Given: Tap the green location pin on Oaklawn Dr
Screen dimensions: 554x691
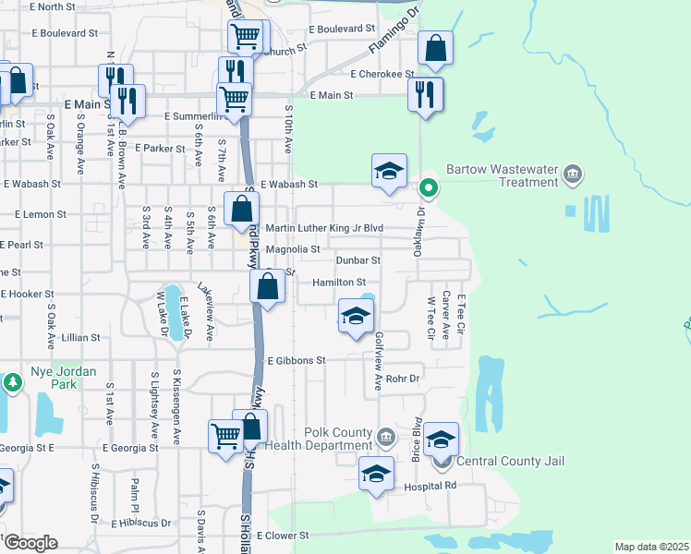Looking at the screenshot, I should click(429, 188).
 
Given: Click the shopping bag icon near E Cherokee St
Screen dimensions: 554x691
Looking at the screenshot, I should click(435, 49).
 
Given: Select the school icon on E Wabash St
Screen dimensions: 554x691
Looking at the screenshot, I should click(389, 170).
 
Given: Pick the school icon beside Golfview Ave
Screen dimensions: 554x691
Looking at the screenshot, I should click(356, 317).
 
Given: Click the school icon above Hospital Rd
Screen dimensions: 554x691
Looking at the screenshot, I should click(376, 474).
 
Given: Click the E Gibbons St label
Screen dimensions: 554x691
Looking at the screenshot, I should click(297, 360).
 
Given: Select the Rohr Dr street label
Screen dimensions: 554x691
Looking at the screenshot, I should click(403, 379).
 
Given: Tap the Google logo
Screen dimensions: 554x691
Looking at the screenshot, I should click(30, 543).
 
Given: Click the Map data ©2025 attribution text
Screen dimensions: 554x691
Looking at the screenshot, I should click(651, 547).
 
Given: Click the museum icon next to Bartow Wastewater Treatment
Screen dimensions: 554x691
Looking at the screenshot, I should click(573, 173).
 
